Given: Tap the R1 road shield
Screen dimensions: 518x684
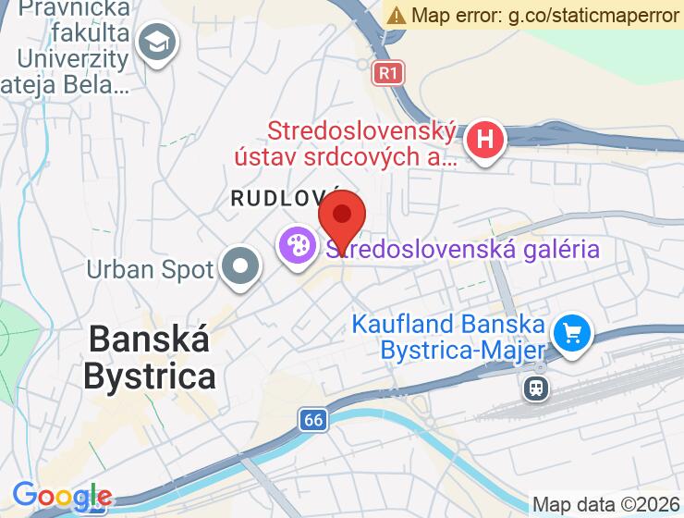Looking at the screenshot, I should pyautogui.click(x=389, y=72).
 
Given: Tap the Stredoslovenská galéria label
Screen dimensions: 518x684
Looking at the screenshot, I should pyautogui.click(x=462, y=249).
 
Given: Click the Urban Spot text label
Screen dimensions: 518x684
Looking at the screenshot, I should pyautogui.click(x=150, y=269).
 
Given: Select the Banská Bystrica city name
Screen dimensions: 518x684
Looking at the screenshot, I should pyautogui.click(x=149, y=358).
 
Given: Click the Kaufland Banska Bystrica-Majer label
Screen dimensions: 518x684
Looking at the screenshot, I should pyautogui.click(x=447, y=338).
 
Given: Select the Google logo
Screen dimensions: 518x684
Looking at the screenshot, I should pyautogui.click(x=62, y=497).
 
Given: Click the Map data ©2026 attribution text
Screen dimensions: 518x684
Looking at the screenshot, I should pyautogui.click(x=605, y=505).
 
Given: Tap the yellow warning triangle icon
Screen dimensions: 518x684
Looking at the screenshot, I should pyautogui.click(x=397, y=15).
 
